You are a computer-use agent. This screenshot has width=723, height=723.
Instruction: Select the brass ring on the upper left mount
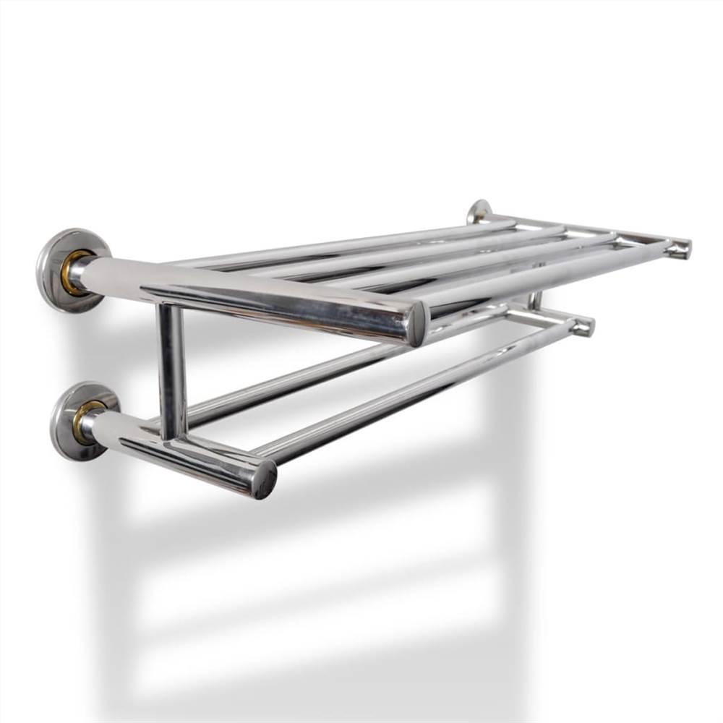[x=72, y=273]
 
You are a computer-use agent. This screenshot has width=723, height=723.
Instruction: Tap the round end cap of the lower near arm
[x=265, y=479]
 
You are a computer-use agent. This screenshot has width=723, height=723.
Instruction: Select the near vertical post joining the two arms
[x=171, y=369]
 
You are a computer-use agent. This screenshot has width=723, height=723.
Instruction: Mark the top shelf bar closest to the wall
[x=347, y=241]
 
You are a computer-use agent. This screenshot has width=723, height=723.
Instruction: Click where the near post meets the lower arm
[x=174, y=437]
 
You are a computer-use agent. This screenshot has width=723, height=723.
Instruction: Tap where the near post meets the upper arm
[x=171, y=307]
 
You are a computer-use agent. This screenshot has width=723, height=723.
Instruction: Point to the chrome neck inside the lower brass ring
[x=90, y=427]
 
